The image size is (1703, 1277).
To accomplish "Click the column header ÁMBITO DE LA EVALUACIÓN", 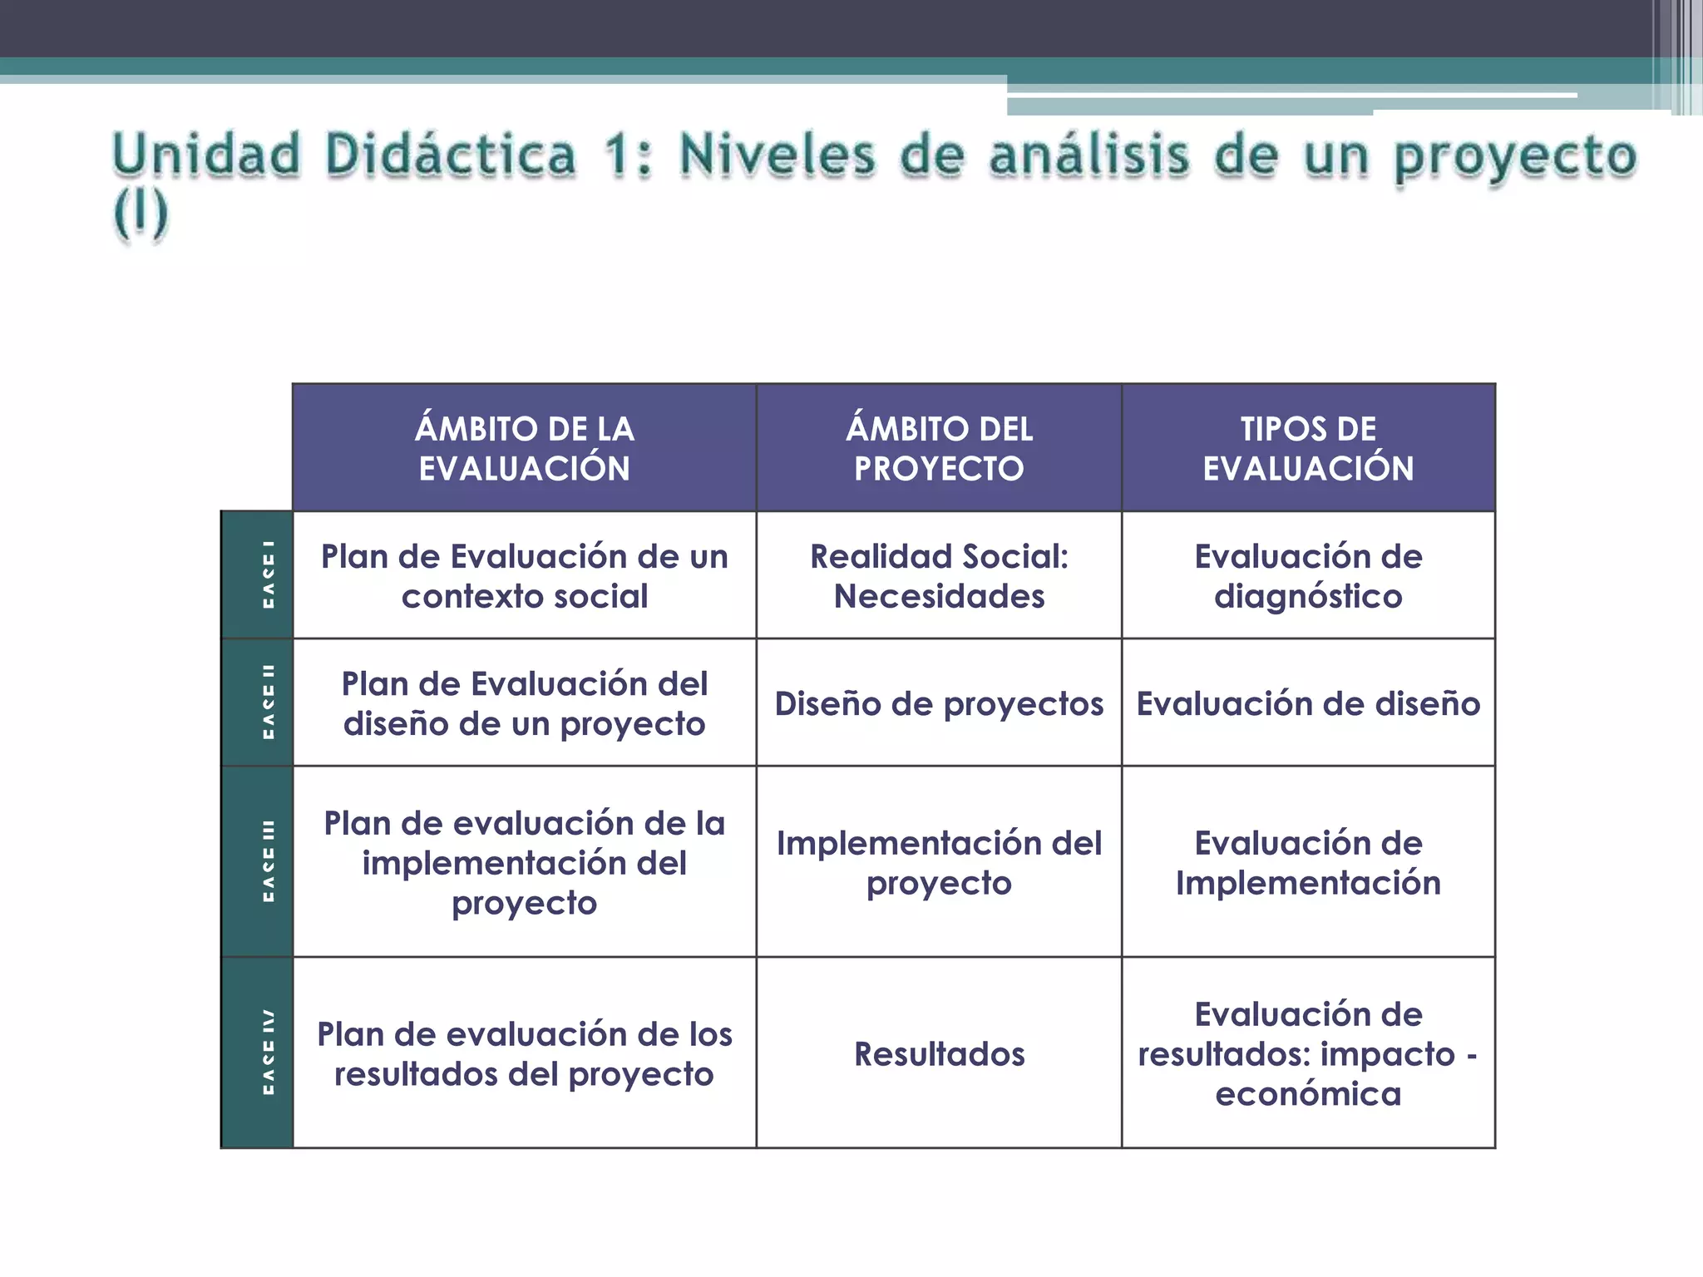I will tap(524, 448).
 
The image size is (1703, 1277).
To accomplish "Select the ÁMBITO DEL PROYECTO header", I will tap(939, 448).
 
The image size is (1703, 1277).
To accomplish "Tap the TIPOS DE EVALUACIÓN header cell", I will tap(1308, 448).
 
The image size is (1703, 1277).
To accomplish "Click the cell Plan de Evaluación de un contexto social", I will tap(524, 575).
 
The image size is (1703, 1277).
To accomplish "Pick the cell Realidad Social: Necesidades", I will tap(939, 575).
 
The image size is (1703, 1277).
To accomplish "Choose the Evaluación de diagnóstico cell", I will tap(1308, 575).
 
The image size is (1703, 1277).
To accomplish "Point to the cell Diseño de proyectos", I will tap(939, 703).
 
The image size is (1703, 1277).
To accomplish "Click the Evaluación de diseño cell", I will tap(1308, 703).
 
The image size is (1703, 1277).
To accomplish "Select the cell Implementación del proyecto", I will tap(939, 862).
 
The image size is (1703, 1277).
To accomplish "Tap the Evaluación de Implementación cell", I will tap(1308, 862).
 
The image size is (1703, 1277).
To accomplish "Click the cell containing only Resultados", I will tap(939, 1053).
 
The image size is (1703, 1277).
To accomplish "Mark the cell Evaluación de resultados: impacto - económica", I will tap(1308, 1053).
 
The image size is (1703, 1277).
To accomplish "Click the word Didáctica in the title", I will tap(450, 155).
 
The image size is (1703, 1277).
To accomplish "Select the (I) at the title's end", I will tap(141, 214).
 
